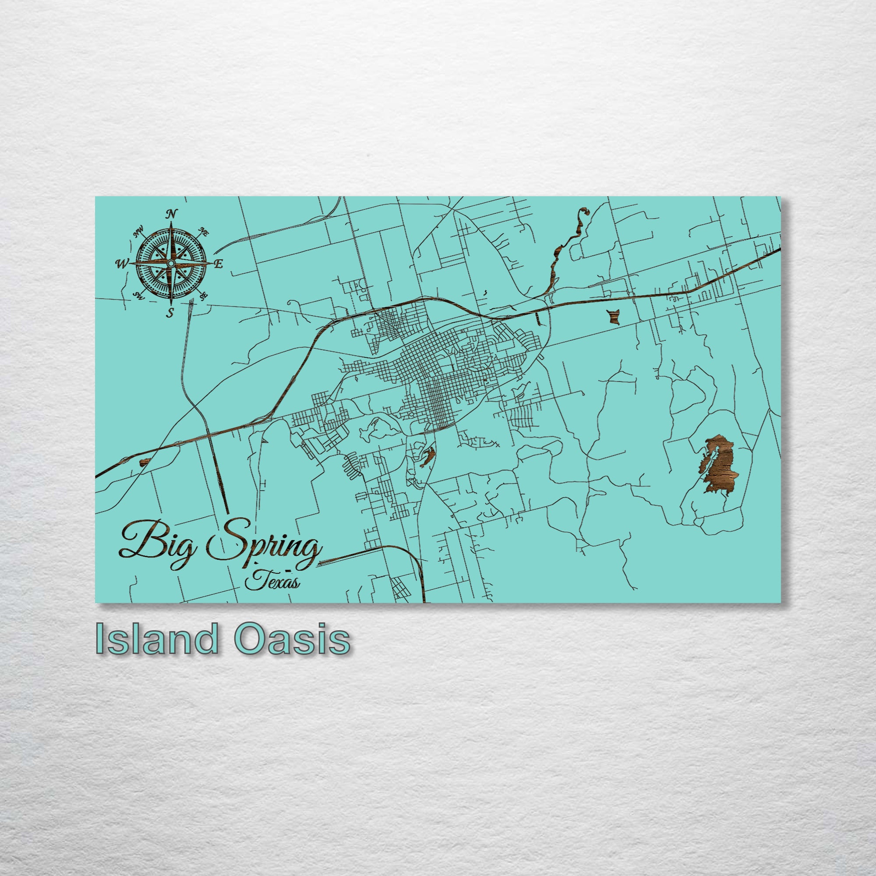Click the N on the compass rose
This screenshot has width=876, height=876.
click(x=171, y=214)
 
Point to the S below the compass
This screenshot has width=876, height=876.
click(x=170, y=312)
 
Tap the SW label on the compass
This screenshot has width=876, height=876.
click(x=138, y=295)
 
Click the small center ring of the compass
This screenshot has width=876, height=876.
click(x=170, y=263)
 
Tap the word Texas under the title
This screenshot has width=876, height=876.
click(x=272, y=582)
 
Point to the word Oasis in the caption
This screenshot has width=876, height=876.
click(x=294, y=639)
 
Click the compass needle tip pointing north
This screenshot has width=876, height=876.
click(x=171, y=223)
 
